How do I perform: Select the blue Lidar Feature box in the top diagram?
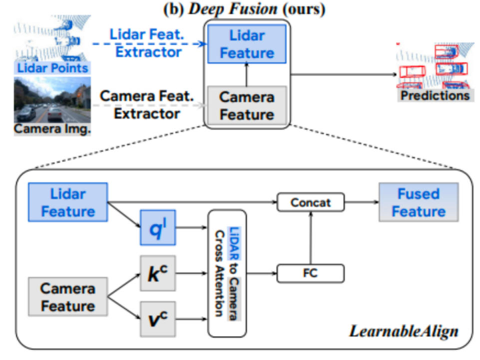pos(247,44)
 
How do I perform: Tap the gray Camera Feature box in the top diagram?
pos(247,105)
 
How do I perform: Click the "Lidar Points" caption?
pos(52,68)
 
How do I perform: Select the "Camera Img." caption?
pos(52,128)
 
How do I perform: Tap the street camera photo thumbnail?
pos(52,99)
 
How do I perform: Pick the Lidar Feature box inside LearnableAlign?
pos(68,202)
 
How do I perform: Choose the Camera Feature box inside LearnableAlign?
pos(67,296)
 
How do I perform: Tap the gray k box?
pos(158,273)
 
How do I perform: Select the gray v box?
pos(158,318)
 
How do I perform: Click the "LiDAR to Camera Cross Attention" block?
pos(227,273)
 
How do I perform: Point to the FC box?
pos(310,273)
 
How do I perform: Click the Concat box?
pos(310,202)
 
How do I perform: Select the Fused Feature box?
pos(418,202)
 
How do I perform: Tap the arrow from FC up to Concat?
pos(310,237)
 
